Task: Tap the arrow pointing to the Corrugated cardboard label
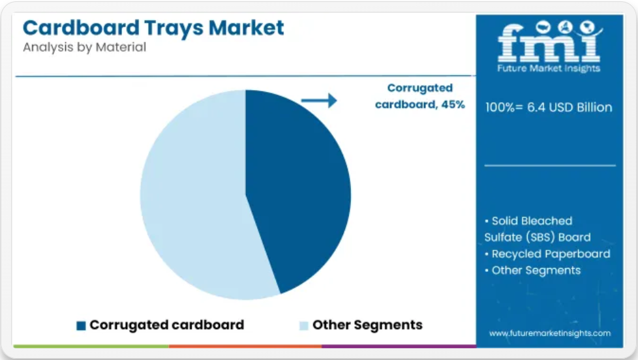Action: pos(319,100)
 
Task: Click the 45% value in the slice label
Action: pos(453,104)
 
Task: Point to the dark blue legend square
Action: pos(81,325)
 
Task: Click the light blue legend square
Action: pos(303,325)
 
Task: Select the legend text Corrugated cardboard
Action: pos(167,325)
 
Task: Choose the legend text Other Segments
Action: pos(367,325)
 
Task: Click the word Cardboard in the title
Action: pos(81,27)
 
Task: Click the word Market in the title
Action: pos(246,27)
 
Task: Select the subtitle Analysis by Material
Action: pos(84,47)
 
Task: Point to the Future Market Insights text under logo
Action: pos(549,68)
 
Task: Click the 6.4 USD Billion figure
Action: pos(570,108)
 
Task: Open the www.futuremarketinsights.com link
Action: pos(550,333)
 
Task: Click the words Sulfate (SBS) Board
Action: pos(537,237)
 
